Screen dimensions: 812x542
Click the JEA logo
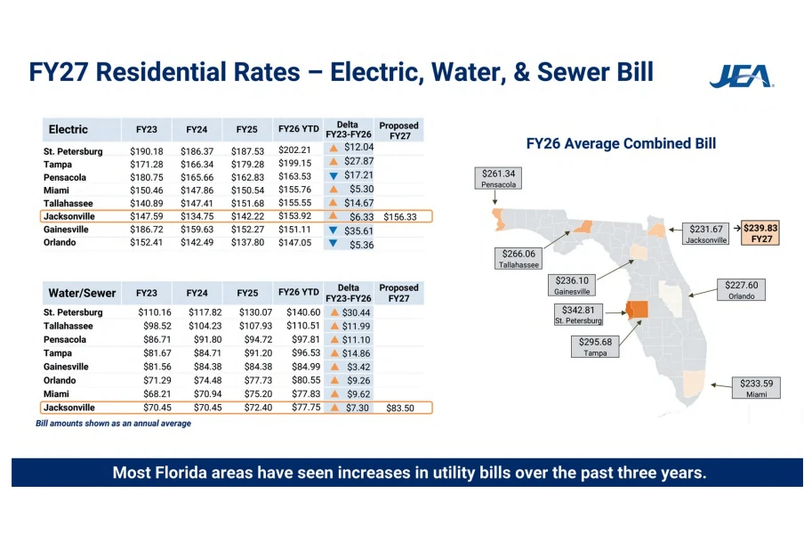742,77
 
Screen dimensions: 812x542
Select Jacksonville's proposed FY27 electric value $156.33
400,216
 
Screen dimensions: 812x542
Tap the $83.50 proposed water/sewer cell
400,408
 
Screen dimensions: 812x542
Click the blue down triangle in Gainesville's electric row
333,231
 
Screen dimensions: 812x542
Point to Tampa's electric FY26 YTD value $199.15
294,163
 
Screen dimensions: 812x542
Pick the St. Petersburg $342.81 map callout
578,314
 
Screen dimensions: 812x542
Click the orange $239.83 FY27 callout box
760,232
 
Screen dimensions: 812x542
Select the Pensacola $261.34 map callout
498,178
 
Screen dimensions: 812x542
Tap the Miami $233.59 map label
756,388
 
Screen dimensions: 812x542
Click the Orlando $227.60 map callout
741,290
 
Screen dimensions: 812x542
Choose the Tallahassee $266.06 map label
519,259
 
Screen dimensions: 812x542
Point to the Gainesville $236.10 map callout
572,286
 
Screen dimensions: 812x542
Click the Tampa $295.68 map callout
595,347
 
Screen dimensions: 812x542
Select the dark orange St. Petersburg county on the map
638,310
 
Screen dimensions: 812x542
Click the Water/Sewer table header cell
82,294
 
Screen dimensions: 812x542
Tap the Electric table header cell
82,130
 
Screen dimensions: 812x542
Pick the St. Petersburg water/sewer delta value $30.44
356,312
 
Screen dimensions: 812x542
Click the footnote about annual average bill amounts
114,424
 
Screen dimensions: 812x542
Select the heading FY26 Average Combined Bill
621,143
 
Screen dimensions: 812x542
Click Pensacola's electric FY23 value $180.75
147,177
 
